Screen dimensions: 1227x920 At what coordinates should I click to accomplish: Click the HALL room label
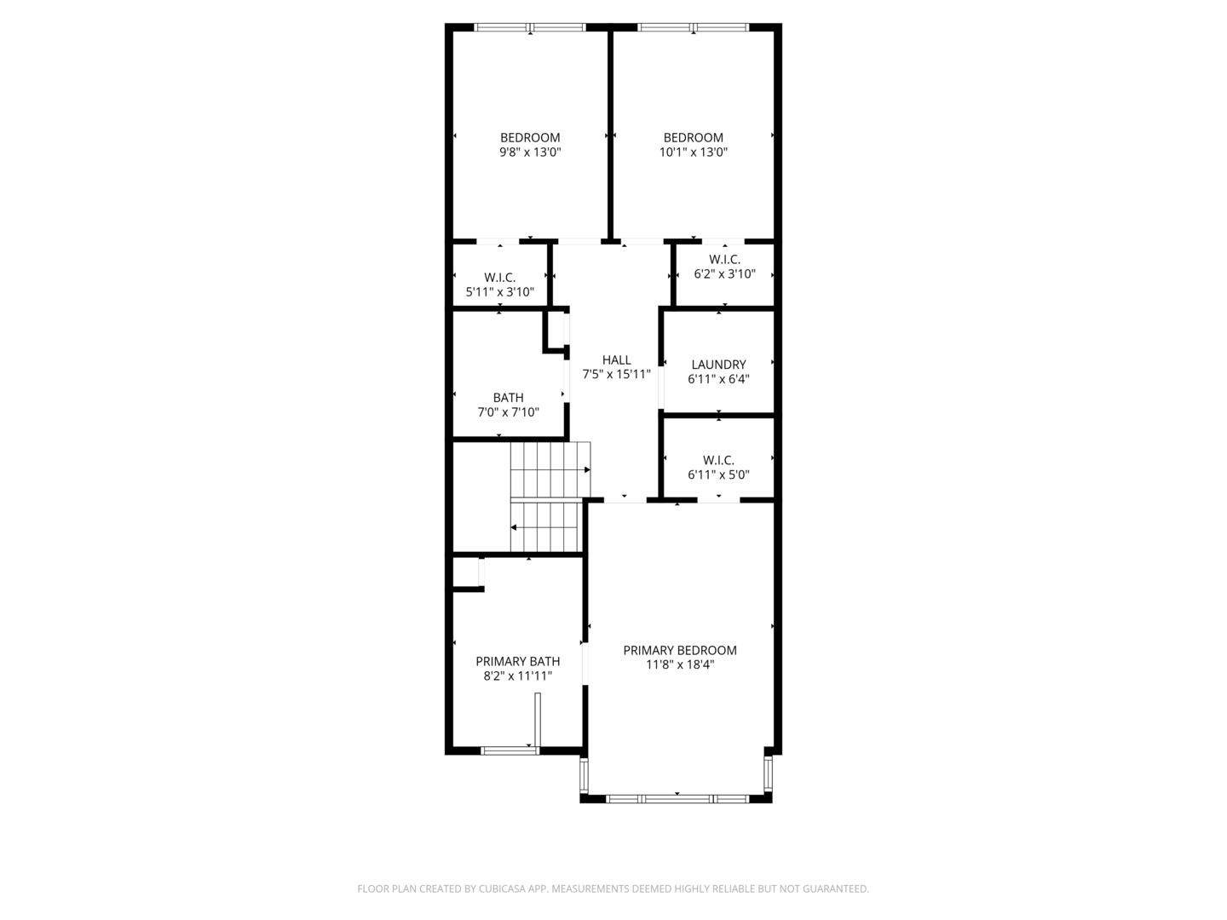(616, 359)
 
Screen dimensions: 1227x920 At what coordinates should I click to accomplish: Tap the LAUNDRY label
(718, 365)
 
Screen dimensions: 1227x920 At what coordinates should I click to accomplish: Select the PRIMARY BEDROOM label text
(680, 650)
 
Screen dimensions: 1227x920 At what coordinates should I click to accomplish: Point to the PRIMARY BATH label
(517, 661)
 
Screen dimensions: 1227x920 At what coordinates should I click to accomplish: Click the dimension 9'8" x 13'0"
(530, 152)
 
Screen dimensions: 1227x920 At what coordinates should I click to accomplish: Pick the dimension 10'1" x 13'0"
(693, 152)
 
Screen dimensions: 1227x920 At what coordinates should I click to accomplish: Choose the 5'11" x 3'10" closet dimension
(499, 291)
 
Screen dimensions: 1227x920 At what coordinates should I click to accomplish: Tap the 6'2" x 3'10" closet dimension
(724, 273)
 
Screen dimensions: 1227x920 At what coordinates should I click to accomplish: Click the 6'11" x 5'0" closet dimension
(718, 474)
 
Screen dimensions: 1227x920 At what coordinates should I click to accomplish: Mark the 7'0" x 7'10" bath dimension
(508, 412)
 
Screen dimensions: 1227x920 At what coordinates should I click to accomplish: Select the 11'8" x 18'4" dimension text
(680, 664)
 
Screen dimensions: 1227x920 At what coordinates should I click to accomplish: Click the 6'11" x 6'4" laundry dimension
(718, 379)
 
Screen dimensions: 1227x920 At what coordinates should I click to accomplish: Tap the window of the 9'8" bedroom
(530, 27)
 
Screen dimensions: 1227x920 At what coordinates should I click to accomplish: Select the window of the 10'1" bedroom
(693, 27)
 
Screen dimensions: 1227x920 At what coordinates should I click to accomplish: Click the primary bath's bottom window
(510, 750)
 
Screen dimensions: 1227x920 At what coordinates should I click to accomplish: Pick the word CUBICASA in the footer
(502, 888)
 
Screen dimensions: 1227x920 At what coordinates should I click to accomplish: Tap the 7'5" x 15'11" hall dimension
(616, 374)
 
